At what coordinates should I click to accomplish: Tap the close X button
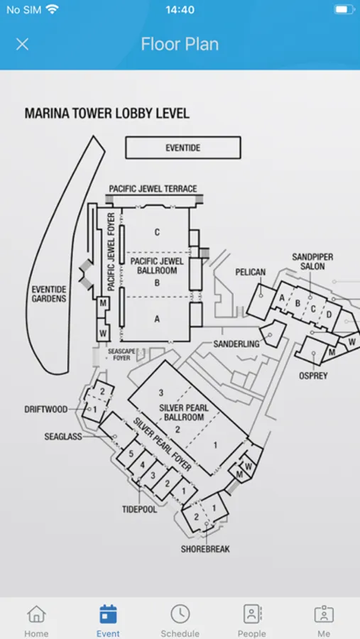[22, 44]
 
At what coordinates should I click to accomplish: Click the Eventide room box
[182, 148]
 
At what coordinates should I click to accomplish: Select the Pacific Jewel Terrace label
[153, 189]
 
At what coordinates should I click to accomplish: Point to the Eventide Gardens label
[49, 294]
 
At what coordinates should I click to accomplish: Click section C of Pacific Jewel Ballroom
[157, 232]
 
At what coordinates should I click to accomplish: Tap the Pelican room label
[251, 272]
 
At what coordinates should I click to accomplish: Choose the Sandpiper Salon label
[312, 261]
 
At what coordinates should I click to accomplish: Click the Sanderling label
[236, 344]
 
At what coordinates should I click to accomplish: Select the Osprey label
[313, 376]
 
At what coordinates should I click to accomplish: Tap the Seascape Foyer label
[119, 354]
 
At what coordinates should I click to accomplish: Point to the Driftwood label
[46, 410]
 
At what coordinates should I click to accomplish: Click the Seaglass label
[63, 437]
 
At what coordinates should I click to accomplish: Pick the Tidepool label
[139, 509]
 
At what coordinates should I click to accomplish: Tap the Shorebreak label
[205, 549]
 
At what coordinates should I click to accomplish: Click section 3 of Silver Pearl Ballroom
[161, 393]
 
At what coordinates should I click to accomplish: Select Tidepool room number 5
[131, 454]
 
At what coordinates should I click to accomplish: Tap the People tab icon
[252, 613]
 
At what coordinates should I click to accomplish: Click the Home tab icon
[36, 613]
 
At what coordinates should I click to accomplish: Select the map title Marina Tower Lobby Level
[107, 114]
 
